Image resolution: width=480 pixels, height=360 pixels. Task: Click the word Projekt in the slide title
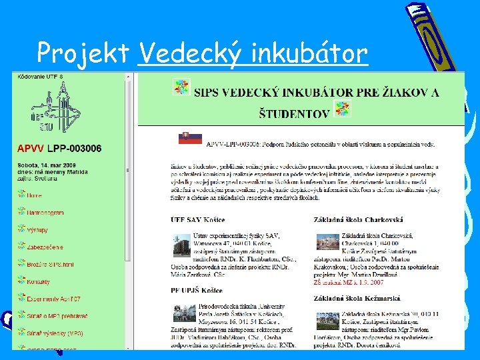[x=83, y=53]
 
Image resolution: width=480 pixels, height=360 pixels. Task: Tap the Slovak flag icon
[x=190, y=139]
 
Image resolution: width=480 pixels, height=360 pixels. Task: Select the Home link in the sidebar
[x=34, y=195]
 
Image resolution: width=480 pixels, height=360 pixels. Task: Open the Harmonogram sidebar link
[x=45, y=213]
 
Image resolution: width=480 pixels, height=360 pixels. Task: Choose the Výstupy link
[x=37, y=229]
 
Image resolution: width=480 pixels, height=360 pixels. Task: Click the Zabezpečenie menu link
[x=45, y=247]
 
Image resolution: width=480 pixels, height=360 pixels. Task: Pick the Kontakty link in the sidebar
[x=38, y=281]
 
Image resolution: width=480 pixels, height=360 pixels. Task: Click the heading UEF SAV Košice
[x=198, y=220]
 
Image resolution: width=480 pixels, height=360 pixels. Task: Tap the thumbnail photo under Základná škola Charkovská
[x=327, y=243]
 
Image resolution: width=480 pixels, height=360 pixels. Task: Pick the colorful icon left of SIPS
[x=181, y=86]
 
